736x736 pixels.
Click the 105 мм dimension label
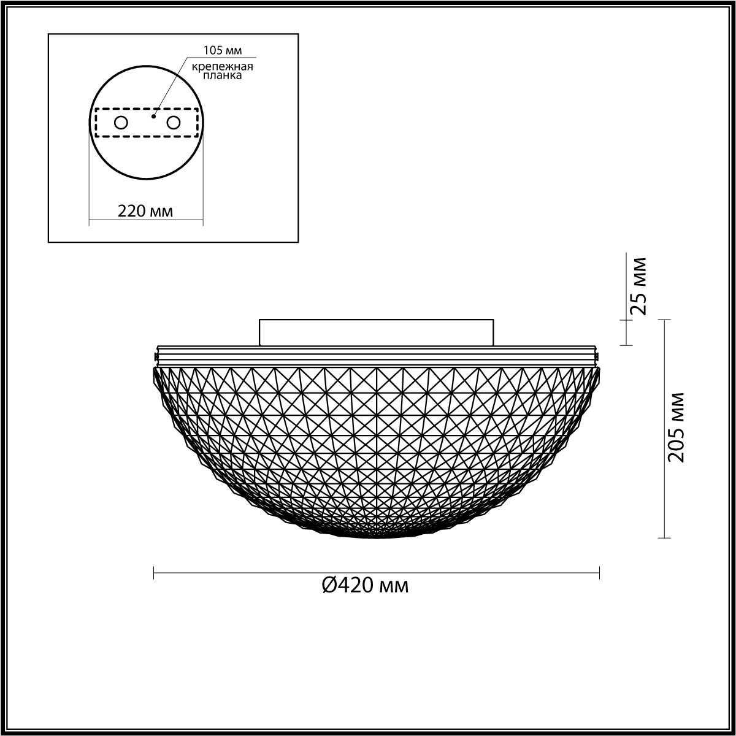pos(223,50)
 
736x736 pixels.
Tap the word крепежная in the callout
pos(222,66)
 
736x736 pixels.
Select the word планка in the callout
pos(222,75)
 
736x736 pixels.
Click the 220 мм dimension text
pos(145,211)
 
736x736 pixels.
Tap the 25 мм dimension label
pos(638,286)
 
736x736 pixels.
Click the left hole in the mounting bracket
pos(121,123)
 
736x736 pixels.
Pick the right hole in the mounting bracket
pos(173,123)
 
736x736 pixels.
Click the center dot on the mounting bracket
pos(153,116)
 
